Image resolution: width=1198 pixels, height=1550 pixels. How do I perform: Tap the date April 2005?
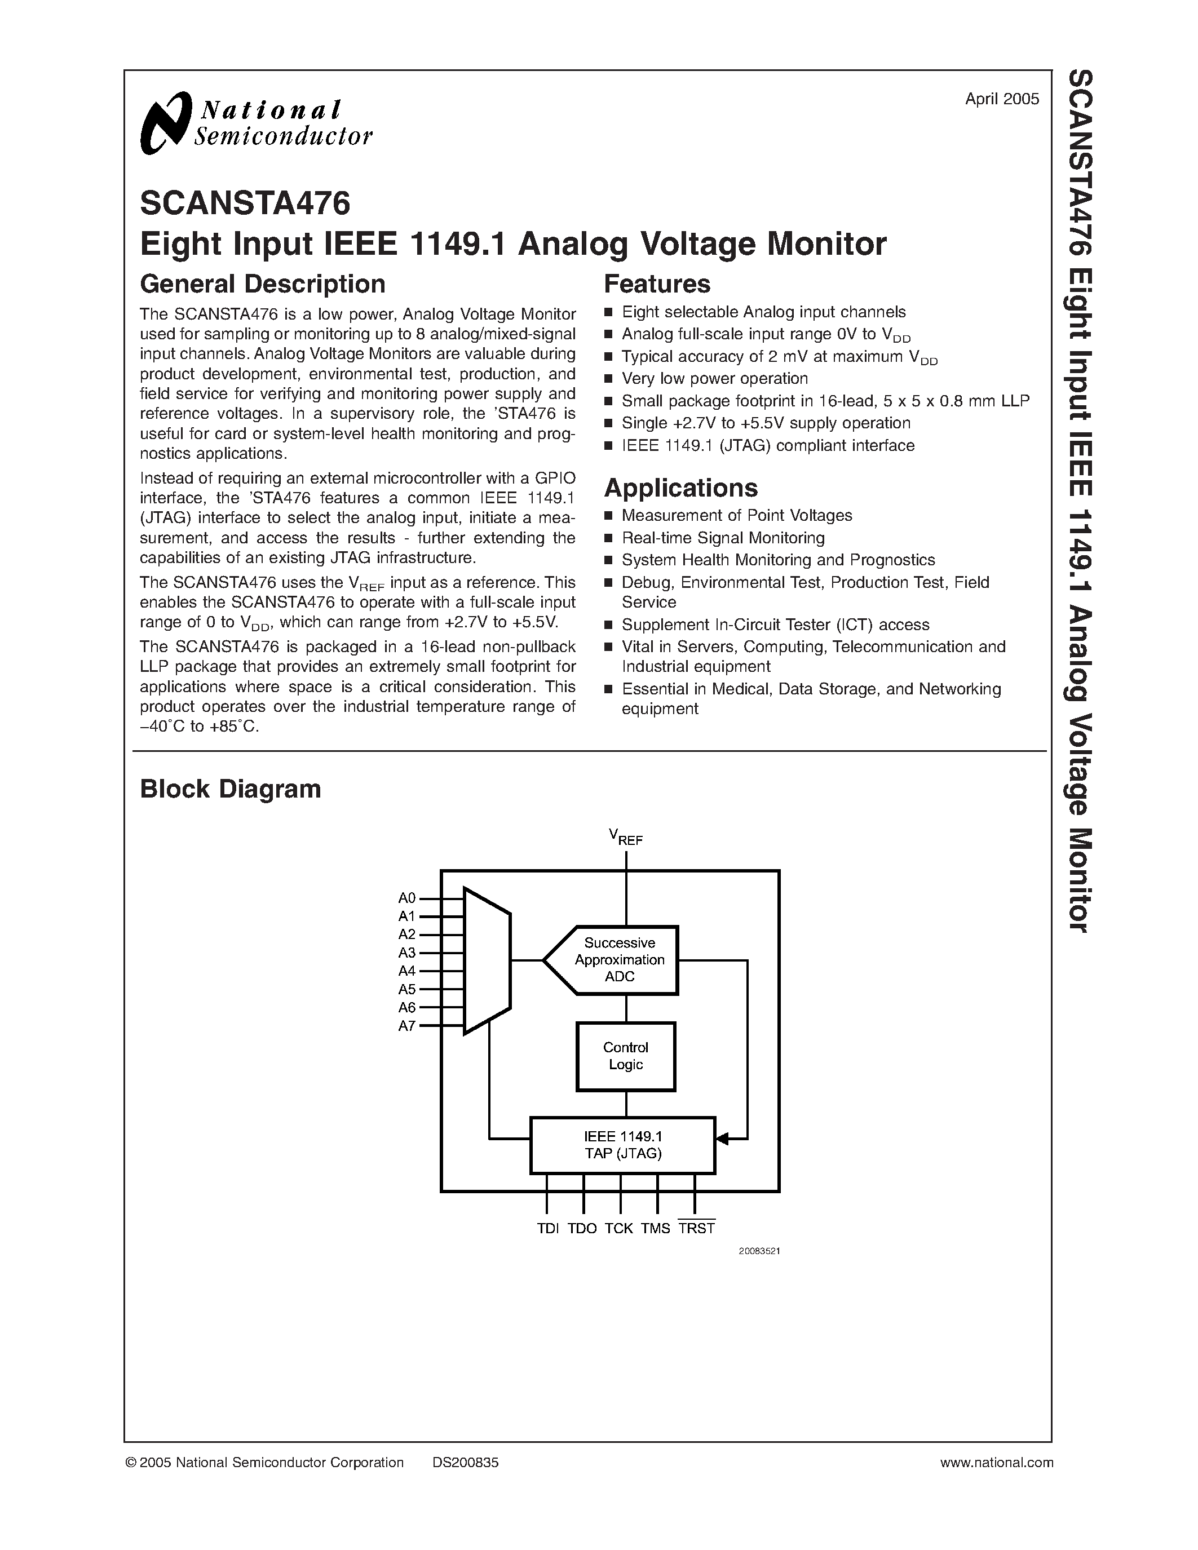tap(1001, 99)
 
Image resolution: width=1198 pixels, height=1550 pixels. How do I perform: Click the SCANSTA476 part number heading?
tap(245, 203)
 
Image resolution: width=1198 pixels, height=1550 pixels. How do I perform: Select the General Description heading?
tap(263, 284)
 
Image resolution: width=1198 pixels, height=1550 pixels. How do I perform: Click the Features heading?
tap(656, 284)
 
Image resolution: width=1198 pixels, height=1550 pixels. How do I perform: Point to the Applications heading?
tap(680, 488)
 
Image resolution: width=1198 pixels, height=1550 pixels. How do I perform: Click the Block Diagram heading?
tap(230, 789)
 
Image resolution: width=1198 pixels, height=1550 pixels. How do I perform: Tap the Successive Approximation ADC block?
tap(619, 959)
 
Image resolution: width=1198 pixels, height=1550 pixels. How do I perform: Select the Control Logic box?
tap(625, 1056)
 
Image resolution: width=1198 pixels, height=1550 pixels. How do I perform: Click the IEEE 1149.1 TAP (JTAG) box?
tap(623, 1145)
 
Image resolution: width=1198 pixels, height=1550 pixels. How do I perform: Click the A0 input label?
tap(406, 898)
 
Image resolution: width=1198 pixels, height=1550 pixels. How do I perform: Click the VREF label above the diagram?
tap(625, 838)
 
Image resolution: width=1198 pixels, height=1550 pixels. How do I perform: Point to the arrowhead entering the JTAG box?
tap(723, 1139)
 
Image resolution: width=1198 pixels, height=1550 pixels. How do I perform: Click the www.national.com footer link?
tap(996, 1463)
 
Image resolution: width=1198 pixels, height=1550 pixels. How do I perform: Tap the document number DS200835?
tap(465, 1463)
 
